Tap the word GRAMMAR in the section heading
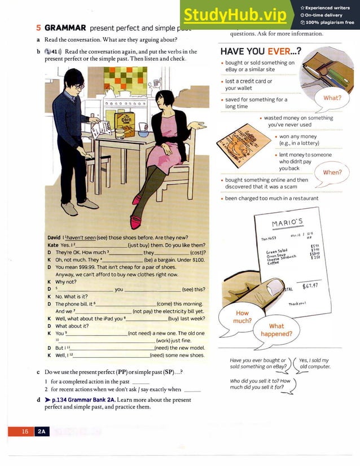tap(65, 27)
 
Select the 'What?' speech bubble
tap(332, 98)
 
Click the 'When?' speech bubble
tap(332, 172)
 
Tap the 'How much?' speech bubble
tap(242, 316)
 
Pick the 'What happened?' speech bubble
tap(276, 329)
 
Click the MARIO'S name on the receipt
tap(288, 222)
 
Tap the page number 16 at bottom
tap(25, 431)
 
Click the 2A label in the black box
tap(42, 431)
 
